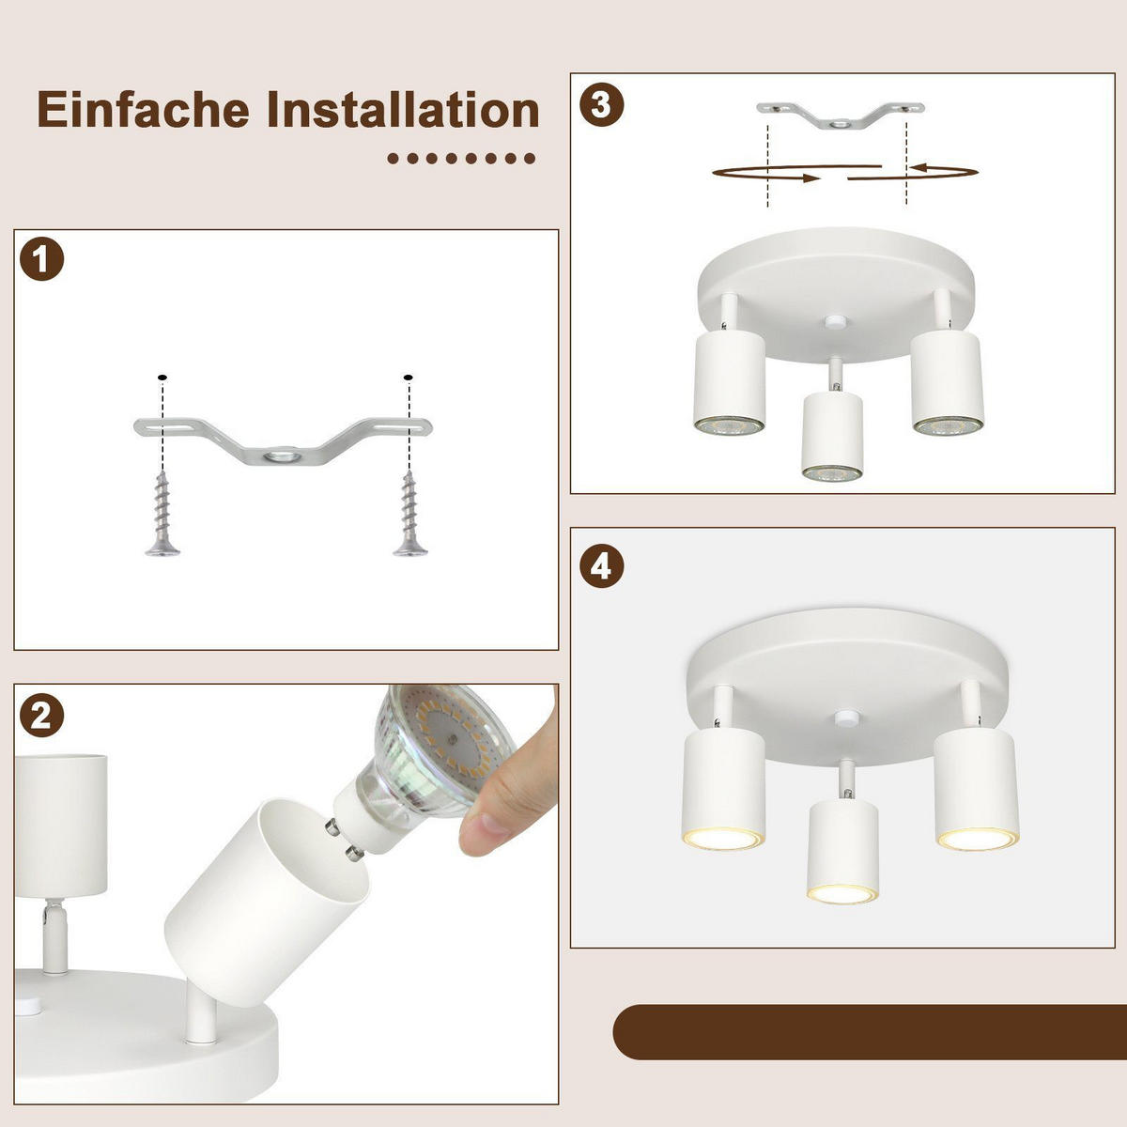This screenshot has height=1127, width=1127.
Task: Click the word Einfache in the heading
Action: [x=144, y=110]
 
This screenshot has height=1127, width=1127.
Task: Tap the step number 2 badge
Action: [x=41, y=717]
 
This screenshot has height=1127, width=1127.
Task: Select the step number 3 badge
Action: [x=602, y=103]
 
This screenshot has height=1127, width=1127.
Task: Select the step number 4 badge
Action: [x=602, y=566]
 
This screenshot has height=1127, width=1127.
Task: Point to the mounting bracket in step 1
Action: [x=282, y=440]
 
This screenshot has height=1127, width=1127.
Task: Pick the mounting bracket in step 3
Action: [x=841, y=115]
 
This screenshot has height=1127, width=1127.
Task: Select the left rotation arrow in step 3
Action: [x=765, y=173]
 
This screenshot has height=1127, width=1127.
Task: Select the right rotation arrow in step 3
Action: [x=916, y=172]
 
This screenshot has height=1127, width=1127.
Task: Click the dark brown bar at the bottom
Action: [x=869, y=1031]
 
